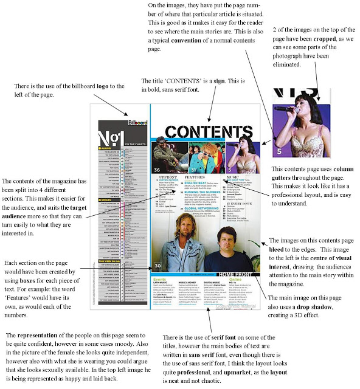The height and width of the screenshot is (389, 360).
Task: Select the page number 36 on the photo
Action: pos(157,169)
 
